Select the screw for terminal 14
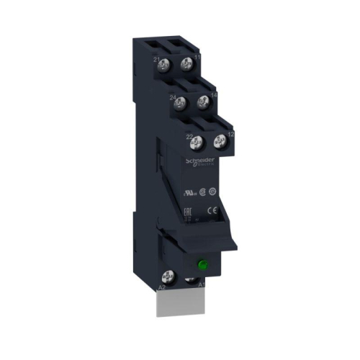[x=202, y=102]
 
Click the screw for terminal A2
[x=172, y=275]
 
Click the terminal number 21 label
[x=156, y=58]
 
